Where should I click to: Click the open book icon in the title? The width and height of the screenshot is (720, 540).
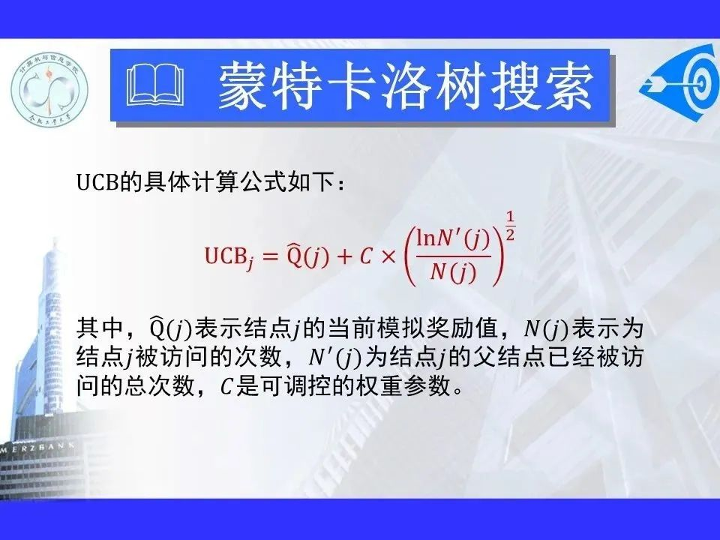point(155,85)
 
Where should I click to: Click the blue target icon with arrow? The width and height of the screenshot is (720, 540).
point(680,83)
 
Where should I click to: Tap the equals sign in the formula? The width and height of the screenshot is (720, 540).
point(270,256)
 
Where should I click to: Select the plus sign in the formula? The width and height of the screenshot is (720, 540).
point(343,256)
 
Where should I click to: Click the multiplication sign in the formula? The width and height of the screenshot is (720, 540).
point(388,256)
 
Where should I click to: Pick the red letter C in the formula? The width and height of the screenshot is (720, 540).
point(366,256)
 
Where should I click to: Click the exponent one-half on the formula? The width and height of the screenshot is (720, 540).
point(510,226)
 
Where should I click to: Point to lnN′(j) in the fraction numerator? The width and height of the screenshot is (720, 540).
point(452,240)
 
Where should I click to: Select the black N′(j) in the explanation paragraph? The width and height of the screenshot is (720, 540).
point(335,358)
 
